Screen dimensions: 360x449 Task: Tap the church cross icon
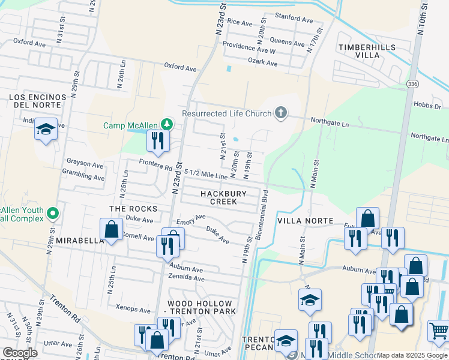[280, 112]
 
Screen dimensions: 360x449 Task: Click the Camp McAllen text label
[130, 125]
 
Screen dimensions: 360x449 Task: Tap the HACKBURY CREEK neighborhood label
[224, 197]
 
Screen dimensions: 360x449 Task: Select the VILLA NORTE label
[304, 221]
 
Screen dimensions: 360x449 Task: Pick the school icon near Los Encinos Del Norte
[46, 130]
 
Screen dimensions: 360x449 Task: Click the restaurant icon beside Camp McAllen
[158, 141]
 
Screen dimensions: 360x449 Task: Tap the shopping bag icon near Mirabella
[111, 229]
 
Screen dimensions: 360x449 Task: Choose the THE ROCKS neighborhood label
[133, 209]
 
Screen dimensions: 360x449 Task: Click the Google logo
[20, 353]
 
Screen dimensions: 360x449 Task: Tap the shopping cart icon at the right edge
[439, 330]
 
